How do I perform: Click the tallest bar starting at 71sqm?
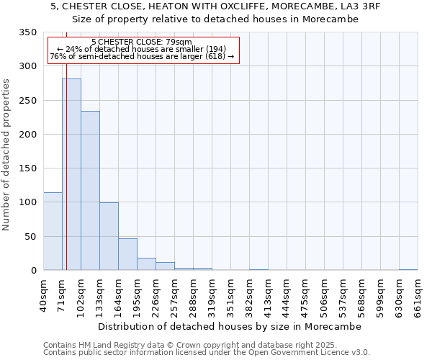click(x=71, y=174)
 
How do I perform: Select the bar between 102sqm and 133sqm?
click(x=90, y=191)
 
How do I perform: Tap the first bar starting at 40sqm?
click(x=53, y=231)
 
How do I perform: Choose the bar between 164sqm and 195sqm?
click(x=127, y=254)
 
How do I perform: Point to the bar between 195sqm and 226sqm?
click(x=146, y=264)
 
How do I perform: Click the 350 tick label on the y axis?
click(x=27, y=32)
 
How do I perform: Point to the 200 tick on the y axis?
click(x=27, y=135)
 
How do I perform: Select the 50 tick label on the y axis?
click(x=30, y=237)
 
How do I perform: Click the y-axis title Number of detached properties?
click(x=6, y=155)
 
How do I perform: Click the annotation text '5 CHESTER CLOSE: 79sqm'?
click(x=142, y=42)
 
